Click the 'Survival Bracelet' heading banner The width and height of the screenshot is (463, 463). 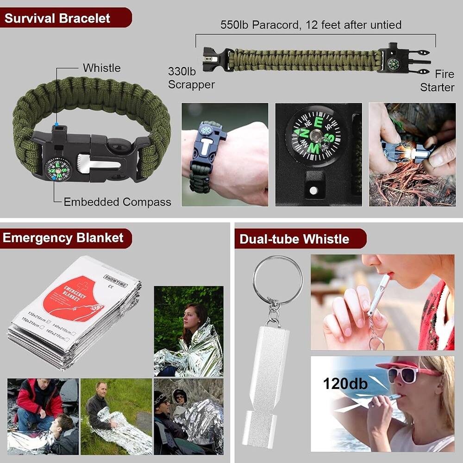coord(58,19)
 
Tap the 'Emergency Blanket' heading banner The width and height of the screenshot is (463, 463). coord(63,238)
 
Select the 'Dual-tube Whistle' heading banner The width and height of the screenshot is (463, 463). coord(294,239)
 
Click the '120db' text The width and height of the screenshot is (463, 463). coord(345,383)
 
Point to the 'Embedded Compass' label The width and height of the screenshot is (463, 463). coord(117,202)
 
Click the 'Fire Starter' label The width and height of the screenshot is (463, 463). coord(438,81)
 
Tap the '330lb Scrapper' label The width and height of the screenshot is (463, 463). coord(191,78)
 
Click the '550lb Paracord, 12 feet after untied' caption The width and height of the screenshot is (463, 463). coord(311,25)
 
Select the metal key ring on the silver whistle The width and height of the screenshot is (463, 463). coord(277,280)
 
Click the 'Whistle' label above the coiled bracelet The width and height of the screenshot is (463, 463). coord(101,68)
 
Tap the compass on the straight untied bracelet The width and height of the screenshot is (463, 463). coord(392,63)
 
